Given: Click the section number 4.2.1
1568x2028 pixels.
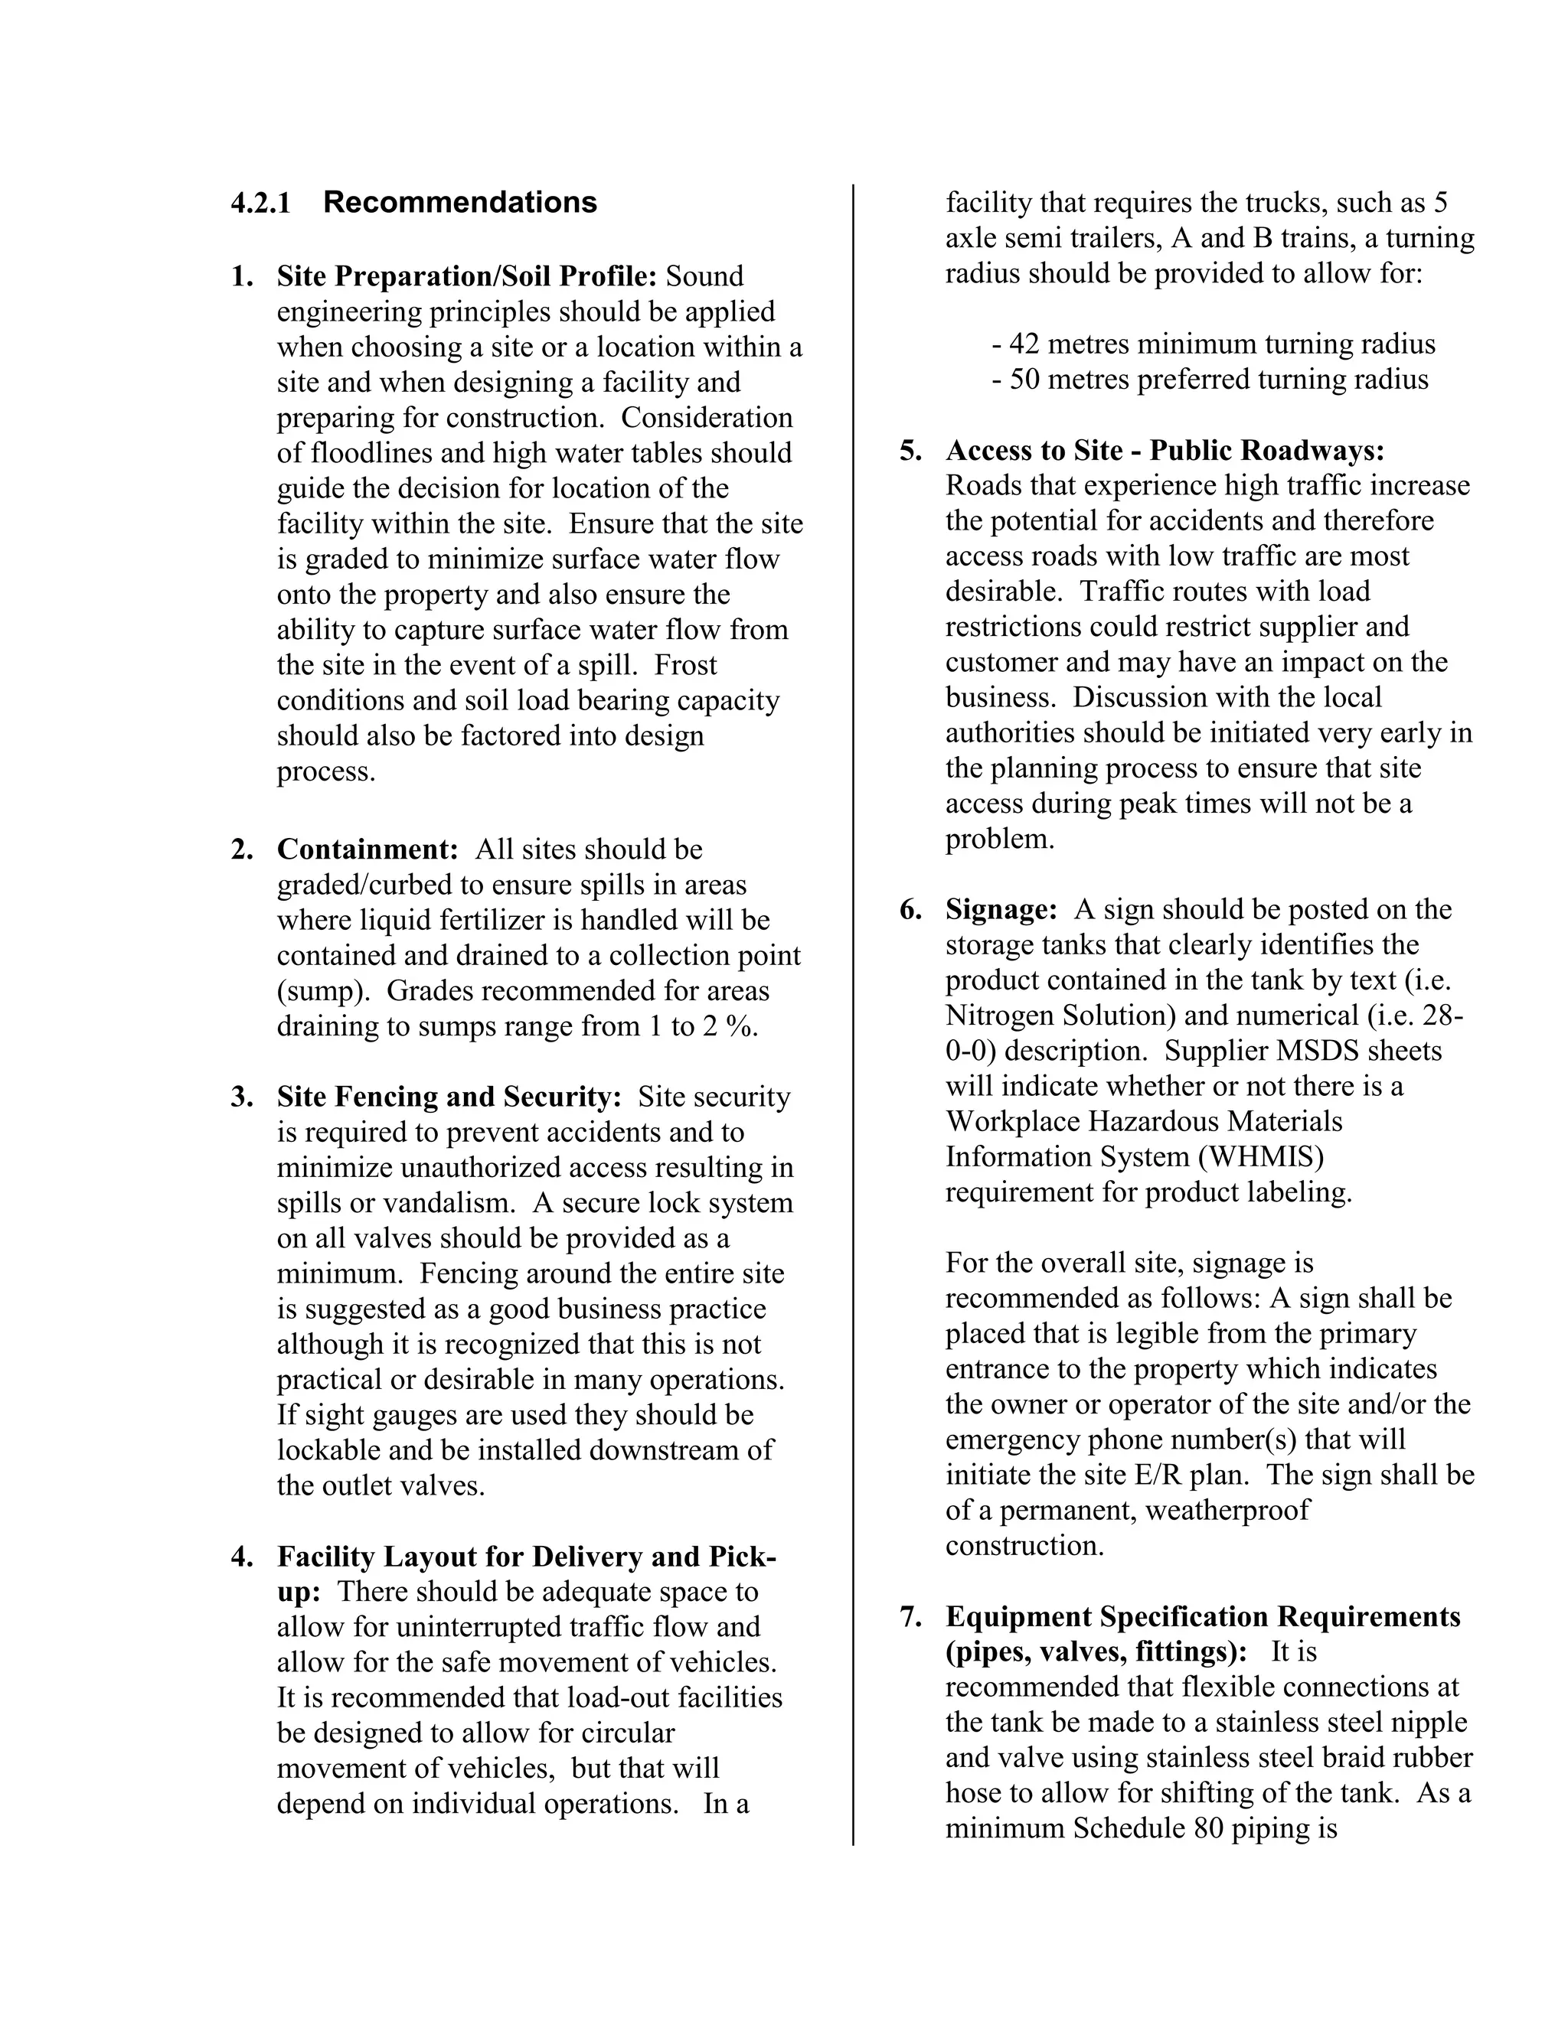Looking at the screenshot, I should [260, 203].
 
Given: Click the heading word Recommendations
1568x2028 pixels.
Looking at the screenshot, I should [460, 203].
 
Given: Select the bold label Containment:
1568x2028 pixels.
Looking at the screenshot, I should [367, 849].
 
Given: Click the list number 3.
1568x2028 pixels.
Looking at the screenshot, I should [240, 1097].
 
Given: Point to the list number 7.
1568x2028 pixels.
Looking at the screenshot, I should [910, 1616].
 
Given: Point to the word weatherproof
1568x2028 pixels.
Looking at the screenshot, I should [1227, 1510].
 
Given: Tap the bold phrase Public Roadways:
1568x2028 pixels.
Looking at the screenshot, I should [1267, 450].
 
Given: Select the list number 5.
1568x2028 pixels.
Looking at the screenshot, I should [910, 450].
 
